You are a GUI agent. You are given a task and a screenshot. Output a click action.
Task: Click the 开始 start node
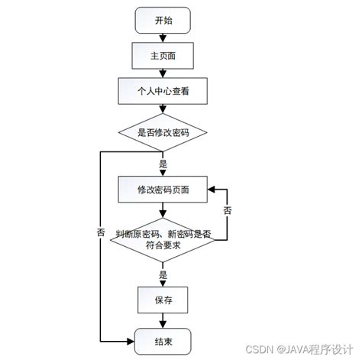coord(163,21)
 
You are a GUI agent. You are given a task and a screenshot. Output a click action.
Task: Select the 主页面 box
coord(163,55)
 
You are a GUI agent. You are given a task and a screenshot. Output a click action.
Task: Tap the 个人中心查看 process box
coord(163,91)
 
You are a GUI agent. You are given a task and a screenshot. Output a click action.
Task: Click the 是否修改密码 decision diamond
coord(163,131)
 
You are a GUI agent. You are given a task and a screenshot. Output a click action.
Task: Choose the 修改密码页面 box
coord(163,189)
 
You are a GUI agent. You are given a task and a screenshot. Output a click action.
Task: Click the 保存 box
coord(163,300)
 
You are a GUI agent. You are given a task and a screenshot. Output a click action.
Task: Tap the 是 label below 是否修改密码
coord(163,164)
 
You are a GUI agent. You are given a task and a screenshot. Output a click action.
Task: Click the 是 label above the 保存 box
coord(163,274)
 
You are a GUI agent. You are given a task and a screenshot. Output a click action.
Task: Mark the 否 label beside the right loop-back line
coord(227,209)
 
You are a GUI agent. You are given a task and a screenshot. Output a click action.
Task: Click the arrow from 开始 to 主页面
coord(163,37)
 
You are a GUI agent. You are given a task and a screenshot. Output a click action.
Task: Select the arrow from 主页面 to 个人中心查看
coord(163,73)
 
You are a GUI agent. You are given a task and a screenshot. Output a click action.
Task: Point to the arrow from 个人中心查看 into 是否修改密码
coord(163,109)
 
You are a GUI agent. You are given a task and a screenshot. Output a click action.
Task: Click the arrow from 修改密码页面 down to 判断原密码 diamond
coord(163,211)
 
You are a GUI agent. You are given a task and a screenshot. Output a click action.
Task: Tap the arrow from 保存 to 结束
coord(163,320)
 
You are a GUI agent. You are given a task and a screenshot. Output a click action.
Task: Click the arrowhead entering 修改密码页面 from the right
coord(212,189)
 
